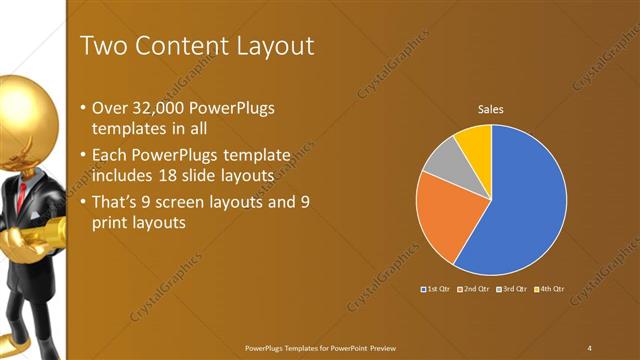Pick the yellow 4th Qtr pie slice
[473, 142]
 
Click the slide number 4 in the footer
[590, 347]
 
